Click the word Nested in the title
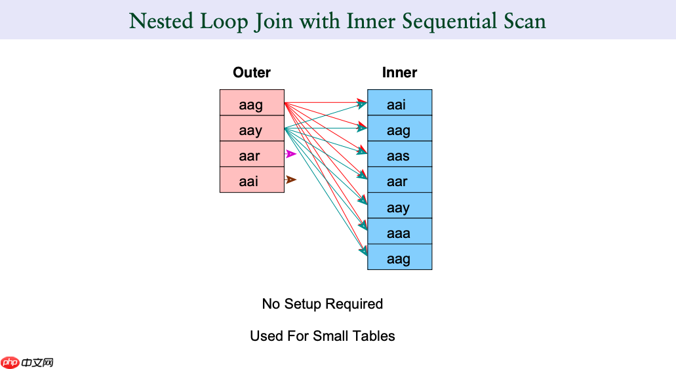(x=160, y=21)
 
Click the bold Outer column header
(x=252, y=73)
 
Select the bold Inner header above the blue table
(x=399, y=73)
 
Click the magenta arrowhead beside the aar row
(x=292, y=154)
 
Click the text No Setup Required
(x=322, y=304)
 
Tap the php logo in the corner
(x=10, y=362)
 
